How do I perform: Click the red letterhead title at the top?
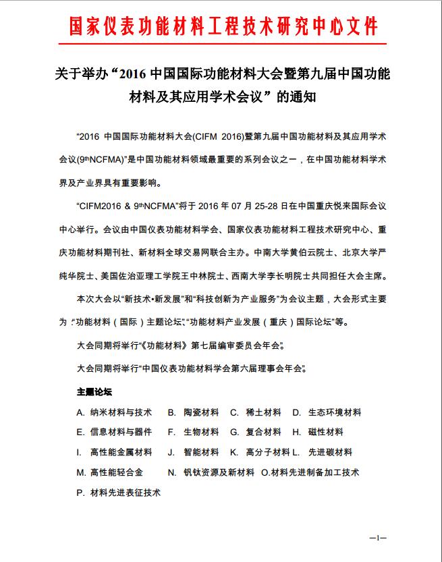223,26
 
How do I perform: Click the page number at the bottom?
378,537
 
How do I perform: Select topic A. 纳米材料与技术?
114,412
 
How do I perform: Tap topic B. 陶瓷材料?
193,412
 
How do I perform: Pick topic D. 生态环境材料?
327,412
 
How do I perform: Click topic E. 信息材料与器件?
114,432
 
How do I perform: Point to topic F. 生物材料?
193,432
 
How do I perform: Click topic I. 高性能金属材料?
114,452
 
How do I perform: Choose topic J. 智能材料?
193,452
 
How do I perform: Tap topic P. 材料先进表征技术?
119,493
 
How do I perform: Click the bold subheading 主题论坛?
94,391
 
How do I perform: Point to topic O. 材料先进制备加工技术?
310,472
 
